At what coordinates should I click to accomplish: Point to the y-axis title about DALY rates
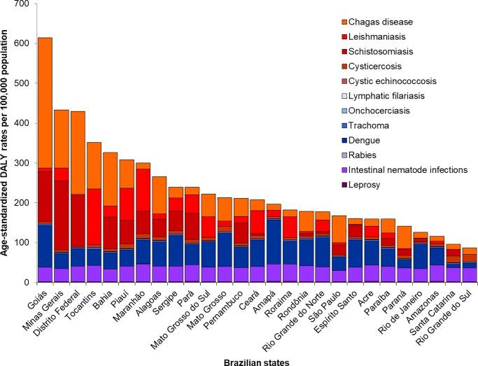6,143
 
